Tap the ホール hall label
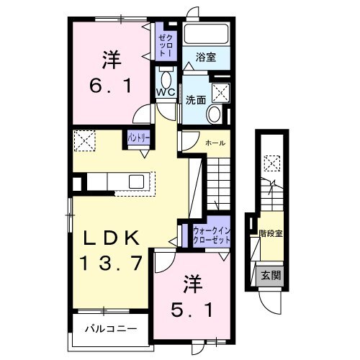coord(215,143)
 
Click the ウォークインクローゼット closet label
coord(211,234)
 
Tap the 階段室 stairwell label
coord(270,233)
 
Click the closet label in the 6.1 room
coord(165,45)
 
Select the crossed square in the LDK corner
coord(84,139)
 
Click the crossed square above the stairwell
coord(273,163)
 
